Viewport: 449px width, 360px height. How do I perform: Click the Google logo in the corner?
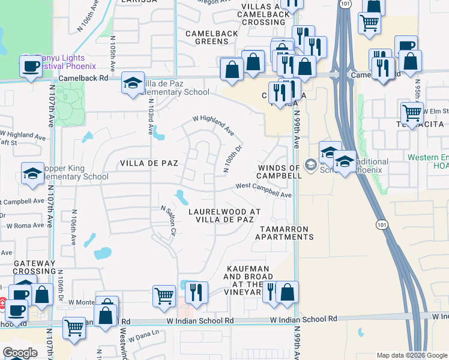tap(20, 353)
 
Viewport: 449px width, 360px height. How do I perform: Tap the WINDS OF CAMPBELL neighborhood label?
tap(279, 172)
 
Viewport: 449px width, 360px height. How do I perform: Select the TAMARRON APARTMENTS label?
tap(285, 233)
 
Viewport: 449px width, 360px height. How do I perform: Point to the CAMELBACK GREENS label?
tap(207, 37)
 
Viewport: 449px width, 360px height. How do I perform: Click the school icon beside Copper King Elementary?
tap(32, 173)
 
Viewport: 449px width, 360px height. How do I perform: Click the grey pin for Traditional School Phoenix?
tap(310, 164)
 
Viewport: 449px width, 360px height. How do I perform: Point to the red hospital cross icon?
tap(2, 305)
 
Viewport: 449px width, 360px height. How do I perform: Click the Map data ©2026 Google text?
tap(411, 355)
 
